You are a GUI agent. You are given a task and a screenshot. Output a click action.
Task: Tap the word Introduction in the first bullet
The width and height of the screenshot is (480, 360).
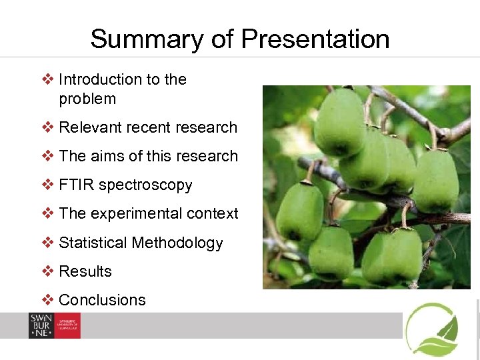tap(100, 79)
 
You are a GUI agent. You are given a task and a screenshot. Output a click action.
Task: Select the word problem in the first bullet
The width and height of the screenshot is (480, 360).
tap(87, 99)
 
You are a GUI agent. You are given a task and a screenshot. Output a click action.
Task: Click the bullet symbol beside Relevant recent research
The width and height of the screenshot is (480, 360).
tap(47, 127)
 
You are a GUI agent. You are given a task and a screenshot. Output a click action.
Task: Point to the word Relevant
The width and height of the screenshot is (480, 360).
tap(87, 127)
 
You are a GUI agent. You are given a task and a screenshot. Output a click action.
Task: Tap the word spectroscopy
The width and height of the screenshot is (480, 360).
tap(145, 185)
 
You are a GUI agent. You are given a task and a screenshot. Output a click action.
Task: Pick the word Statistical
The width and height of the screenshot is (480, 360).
tap(93, 243)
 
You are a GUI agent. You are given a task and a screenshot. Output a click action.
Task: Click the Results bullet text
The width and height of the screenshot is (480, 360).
tap(85, 271)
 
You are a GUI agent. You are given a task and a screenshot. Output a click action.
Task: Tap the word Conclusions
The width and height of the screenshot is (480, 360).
tap(102, 300)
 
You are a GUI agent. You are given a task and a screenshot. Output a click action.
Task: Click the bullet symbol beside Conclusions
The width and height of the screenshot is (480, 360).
tap(47, 300)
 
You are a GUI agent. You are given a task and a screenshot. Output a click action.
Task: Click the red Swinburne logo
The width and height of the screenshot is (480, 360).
tap(54, 325)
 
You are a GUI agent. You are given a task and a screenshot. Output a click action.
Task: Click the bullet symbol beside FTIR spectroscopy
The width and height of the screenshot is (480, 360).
tap(47, 185)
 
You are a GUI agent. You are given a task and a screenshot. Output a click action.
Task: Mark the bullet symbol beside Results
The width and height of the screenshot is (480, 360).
tap(47, 271)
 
